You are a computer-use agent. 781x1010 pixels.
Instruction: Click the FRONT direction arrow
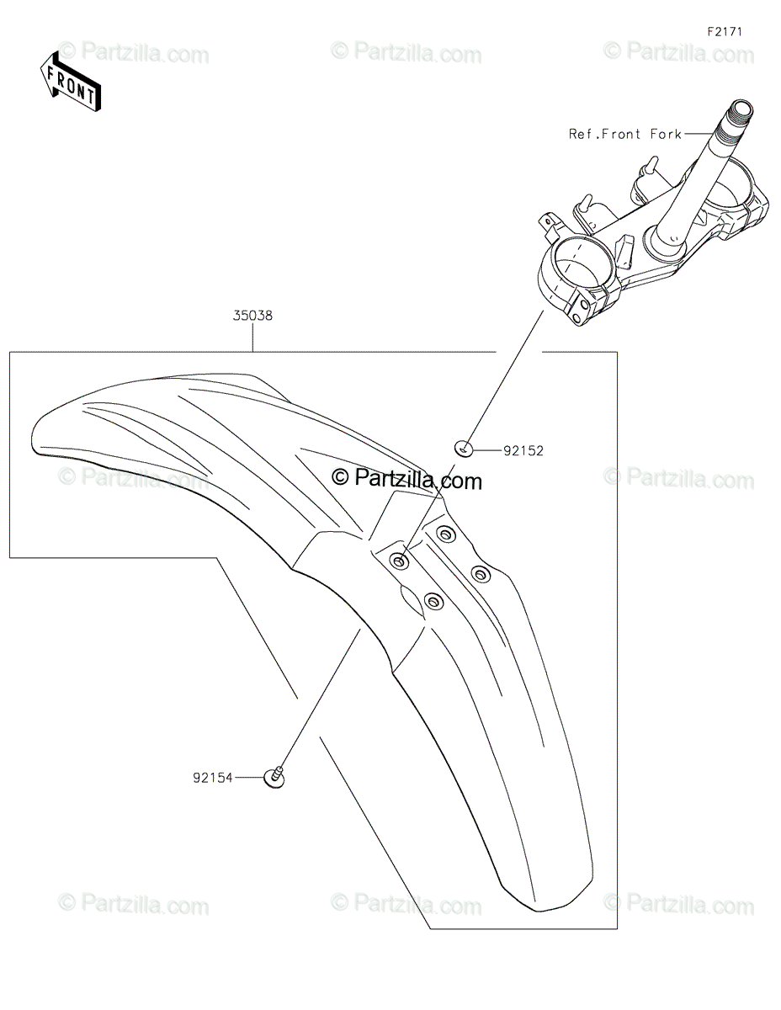[70, 81]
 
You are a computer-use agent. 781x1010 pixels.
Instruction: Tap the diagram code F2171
[724, 32]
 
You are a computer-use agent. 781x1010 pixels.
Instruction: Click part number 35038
[252, 316]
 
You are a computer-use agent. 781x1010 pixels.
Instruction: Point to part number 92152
[523, 451]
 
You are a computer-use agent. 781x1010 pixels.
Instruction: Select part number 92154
[211, 779]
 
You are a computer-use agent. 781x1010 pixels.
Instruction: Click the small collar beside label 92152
[463, 449]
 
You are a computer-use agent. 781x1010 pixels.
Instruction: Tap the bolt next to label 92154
[274, 779]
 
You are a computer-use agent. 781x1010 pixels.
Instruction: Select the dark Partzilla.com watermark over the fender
[408, 480]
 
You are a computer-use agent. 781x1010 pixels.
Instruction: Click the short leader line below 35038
[252, 338]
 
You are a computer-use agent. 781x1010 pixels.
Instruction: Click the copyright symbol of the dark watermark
[340, 479]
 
